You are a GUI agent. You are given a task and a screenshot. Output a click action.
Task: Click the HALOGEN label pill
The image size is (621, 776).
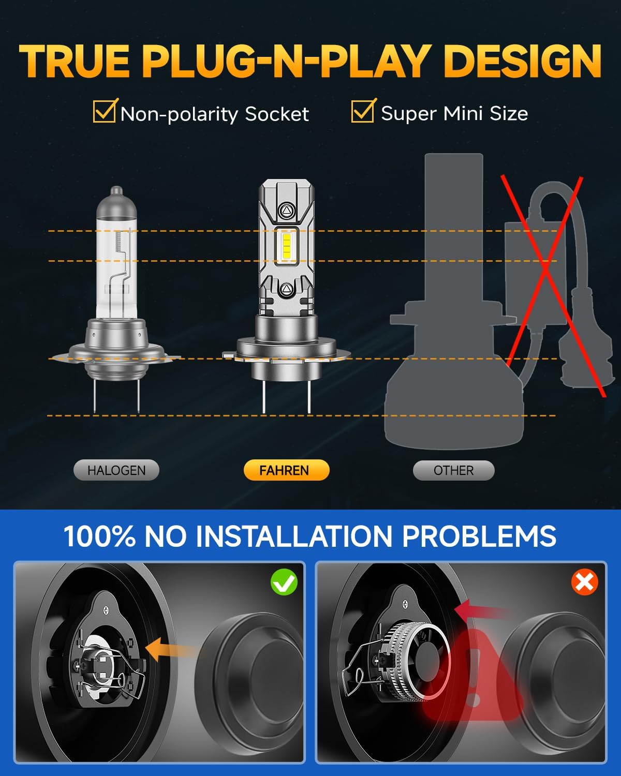116,470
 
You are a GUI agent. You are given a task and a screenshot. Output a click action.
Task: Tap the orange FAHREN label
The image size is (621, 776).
287,470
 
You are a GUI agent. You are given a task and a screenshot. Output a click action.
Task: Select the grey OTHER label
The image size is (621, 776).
453,470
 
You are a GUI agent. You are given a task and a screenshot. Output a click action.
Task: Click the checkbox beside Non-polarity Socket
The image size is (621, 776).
105,111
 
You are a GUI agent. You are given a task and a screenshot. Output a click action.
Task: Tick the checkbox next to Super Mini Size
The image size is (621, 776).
363,111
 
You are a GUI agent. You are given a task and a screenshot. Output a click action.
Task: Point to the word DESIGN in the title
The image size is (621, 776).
522,62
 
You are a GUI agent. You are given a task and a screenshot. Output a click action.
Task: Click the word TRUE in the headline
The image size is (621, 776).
74,62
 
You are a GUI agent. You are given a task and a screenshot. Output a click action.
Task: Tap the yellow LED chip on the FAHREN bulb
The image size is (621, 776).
287,246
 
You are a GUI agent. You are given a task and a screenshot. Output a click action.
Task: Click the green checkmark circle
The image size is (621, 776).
284,581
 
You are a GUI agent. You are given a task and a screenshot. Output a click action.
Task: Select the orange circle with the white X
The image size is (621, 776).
585,581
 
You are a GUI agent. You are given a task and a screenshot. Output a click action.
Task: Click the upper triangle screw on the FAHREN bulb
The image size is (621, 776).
287,210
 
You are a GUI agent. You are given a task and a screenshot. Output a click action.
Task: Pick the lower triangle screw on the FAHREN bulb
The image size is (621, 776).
286,289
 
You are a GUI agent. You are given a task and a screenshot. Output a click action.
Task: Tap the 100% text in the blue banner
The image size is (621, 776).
100,536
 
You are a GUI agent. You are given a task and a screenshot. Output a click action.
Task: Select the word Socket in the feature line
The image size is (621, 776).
277,114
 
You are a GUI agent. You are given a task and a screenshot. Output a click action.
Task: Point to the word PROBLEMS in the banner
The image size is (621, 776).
479,536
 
